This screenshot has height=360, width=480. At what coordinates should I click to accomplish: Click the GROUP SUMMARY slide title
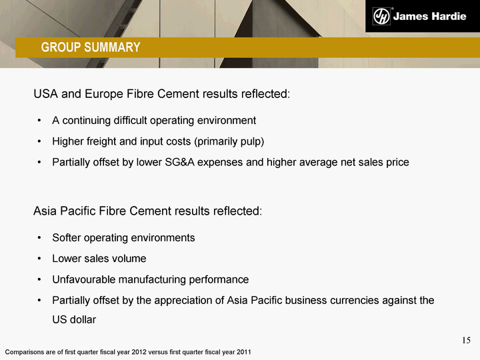click(x=91, y=47)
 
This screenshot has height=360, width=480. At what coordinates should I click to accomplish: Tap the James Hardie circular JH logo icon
click(x=381, y=16)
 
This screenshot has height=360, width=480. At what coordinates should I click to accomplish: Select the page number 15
click(x=466, y=341)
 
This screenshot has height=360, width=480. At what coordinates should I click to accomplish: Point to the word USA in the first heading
click(x=45, y=94)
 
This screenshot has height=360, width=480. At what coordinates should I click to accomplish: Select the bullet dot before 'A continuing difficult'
click(x=39, y=121)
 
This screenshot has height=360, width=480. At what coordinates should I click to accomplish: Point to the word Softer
click(x=66, y=238)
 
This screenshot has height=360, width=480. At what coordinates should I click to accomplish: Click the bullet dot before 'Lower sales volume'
click(x=39, y=259)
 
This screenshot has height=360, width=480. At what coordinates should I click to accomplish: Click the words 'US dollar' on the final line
click(x=74, y=319)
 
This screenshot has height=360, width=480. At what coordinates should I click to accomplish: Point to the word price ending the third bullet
click(x=397, y=162)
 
